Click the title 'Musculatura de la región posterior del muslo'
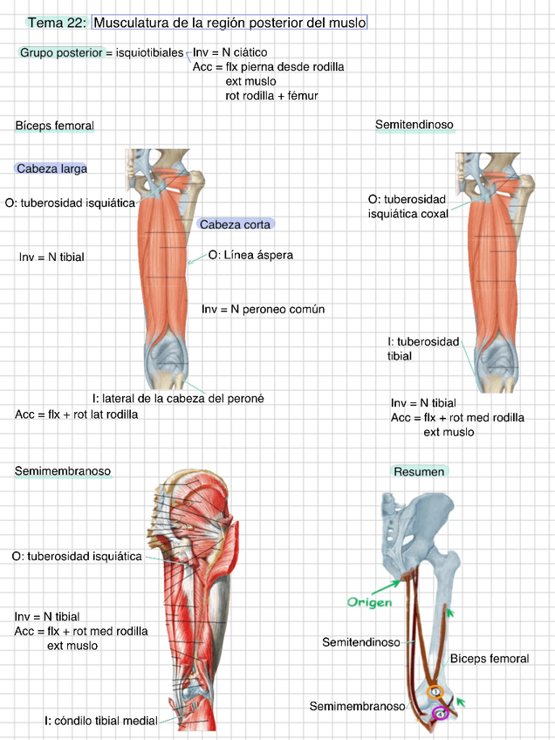click(229, 22)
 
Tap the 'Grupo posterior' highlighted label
click(58, 53)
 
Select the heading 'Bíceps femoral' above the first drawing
click(54, 126)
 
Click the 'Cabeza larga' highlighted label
click(51, 168)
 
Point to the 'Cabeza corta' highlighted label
click(235, 224)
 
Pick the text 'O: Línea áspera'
click(250, 256)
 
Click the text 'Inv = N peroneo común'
click(263, 309)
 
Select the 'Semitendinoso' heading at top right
click(415, 126)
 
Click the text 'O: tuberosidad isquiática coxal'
click(408, 206)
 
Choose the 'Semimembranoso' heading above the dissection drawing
click(62, 471)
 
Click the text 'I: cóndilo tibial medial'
click(101, 721)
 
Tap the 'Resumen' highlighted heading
click(419, 472)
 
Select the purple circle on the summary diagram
click(441, 713)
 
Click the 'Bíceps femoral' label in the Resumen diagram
click(489, 659)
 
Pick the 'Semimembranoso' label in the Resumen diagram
click(357, 706)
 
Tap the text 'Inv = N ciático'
click(230, 53)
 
